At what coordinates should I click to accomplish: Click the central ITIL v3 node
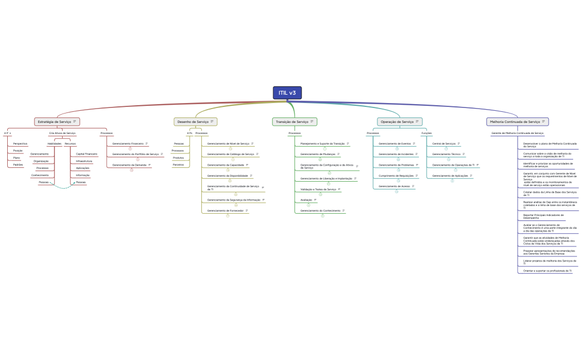[287, 93]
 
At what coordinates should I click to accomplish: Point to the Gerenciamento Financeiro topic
[128, 143]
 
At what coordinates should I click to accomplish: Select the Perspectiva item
[21, 143]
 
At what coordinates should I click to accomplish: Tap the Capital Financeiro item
[86, 154]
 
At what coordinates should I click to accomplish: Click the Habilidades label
[54, 143]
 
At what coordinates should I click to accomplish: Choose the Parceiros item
[178, 164]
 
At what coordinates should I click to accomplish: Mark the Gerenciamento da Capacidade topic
[226, 165]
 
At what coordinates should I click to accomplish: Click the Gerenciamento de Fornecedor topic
[225, 211]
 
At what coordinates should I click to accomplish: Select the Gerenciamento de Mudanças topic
[318, 154]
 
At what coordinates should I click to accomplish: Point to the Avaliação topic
[307, 200]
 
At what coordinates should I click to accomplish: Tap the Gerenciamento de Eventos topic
[395, 143]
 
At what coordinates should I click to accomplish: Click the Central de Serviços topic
[444, 143]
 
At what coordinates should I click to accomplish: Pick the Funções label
[427, 133]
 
